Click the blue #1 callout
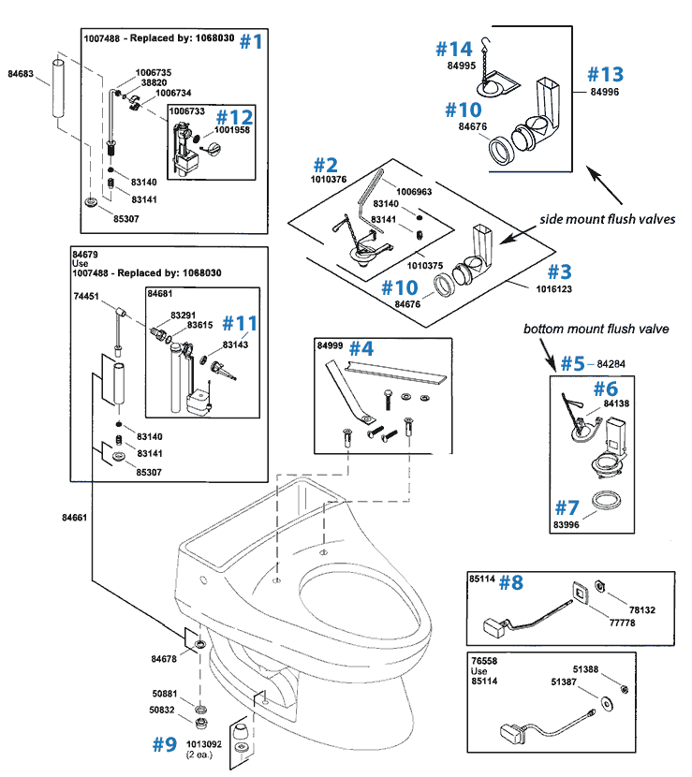(253, 41)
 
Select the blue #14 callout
(455, 48)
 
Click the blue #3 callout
(559, 271)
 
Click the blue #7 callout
(567, 508)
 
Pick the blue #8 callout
(511, 582)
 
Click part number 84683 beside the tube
(21, 72)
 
